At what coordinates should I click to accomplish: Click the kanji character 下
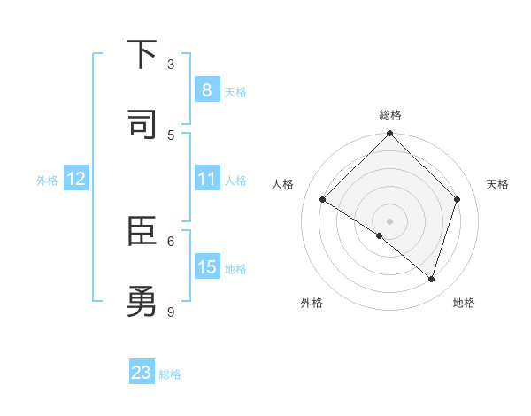pos(142,56)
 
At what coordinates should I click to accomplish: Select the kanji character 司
pos(142,125)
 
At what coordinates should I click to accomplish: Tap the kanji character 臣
pos(142,233)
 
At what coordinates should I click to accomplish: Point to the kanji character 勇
pos(142,303)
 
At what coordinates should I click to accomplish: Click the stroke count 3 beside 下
pos(171,65)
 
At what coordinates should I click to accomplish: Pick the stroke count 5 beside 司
pos(171,135)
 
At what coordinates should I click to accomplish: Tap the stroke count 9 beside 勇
pos(171,312)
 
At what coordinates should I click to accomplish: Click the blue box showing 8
pos(206,90)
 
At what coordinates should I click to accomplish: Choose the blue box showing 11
pos(206,180)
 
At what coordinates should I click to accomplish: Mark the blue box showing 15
pos(206,267)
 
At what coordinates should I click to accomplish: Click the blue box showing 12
pos(76,180)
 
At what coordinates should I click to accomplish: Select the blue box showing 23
pos(142,373)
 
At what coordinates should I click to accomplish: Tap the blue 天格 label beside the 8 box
pos(235,91)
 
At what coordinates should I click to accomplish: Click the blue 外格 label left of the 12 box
pos(47,181)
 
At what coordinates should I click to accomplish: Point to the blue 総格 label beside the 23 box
pos(170,374)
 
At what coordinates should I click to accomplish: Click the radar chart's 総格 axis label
pos(389,115)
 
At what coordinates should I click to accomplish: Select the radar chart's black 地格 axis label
pos(464,303)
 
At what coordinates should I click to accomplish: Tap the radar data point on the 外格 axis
pos(380,235)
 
